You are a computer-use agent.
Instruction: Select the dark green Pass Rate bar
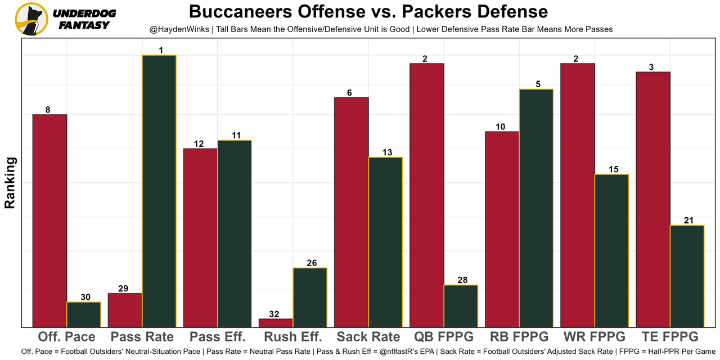159,191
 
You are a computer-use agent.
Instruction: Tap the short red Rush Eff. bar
276,323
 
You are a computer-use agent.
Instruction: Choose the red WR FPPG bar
578,195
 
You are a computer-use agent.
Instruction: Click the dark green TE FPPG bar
687,276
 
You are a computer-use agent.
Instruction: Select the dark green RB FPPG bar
536,208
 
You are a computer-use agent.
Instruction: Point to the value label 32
274,314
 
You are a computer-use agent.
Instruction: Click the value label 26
311,263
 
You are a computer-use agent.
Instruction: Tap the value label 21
688,220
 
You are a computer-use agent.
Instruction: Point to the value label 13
386,152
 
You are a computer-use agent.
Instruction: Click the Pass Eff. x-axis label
218,337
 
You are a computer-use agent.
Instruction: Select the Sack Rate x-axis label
368,337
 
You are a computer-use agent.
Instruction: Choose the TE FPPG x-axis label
670,337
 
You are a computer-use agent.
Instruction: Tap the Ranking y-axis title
10,183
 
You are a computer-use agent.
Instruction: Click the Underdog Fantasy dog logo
31,19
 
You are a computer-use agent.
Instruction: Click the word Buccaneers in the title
239,11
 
